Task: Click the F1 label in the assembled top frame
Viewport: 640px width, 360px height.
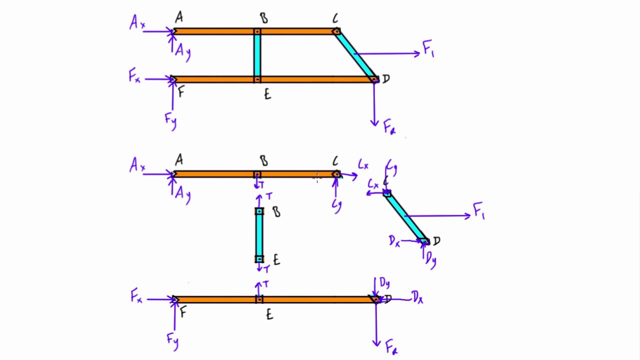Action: click(x=428, y=49)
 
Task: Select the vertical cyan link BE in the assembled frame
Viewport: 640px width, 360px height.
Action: click(x=257, y=55)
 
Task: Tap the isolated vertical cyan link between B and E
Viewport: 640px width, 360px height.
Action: click(x=259, y=235)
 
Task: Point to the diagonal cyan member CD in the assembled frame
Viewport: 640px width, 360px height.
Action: click(x=356, y=55)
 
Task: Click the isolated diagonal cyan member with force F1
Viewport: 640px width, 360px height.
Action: click(x=406, y=217)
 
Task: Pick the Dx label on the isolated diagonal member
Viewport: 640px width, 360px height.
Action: click(x=394, y=241)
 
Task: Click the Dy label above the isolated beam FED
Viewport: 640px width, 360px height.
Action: click(x=384, y=283)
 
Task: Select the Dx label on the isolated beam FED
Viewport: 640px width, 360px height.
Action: click(x=417, y=298)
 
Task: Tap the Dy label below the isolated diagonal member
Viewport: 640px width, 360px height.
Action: click(x=430, y=259)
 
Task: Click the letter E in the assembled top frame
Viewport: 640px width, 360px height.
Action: click(x=267, y=94)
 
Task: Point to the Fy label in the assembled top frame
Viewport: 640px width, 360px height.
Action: click(x=170, y=120)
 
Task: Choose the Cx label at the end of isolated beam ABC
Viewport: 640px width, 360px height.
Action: click(x=363, y=164)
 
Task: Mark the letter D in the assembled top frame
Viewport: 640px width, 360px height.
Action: click(x=385, y=79)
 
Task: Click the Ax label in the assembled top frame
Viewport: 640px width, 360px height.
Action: click(x=136, y=23)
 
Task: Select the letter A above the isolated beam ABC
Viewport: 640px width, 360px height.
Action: click(x=178, y=160)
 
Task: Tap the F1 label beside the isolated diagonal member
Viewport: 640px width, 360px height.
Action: click(x=478, y=212)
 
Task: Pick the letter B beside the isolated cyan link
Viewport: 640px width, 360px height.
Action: click(x=276, y=212)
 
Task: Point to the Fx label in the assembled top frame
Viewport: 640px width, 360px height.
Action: click(x=134, y=77)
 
